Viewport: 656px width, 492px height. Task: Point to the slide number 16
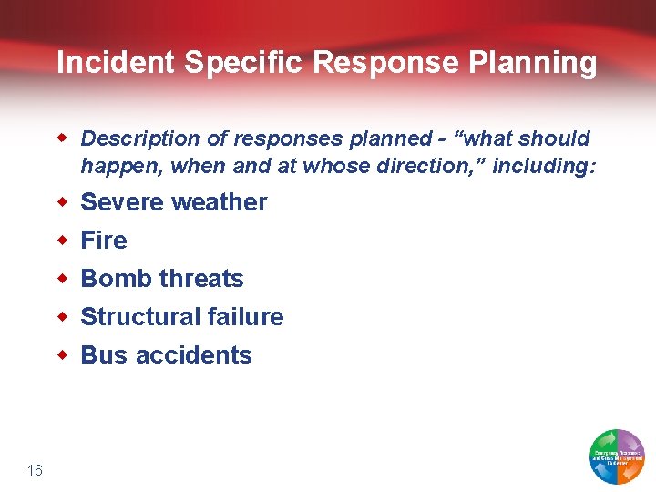click(35, 470)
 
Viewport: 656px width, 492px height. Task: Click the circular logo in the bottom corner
click(617, 456)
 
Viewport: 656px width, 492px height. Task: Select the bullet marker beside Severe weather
click(63, 202)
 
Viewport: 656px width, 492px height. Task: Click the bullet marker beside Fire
click(63, 241)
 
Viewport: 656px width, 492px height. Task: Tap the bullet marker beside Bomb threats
click(63, 279)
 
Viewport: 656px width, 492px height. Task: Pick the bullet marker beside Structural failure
click(63, 317)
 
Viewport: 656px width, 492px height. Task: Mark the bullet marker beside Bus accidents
click(63, 355)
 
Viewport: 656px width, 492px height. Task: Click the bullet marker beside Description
click(63, 139)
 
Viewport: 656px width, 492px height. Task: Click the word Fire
click(104, 241)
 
